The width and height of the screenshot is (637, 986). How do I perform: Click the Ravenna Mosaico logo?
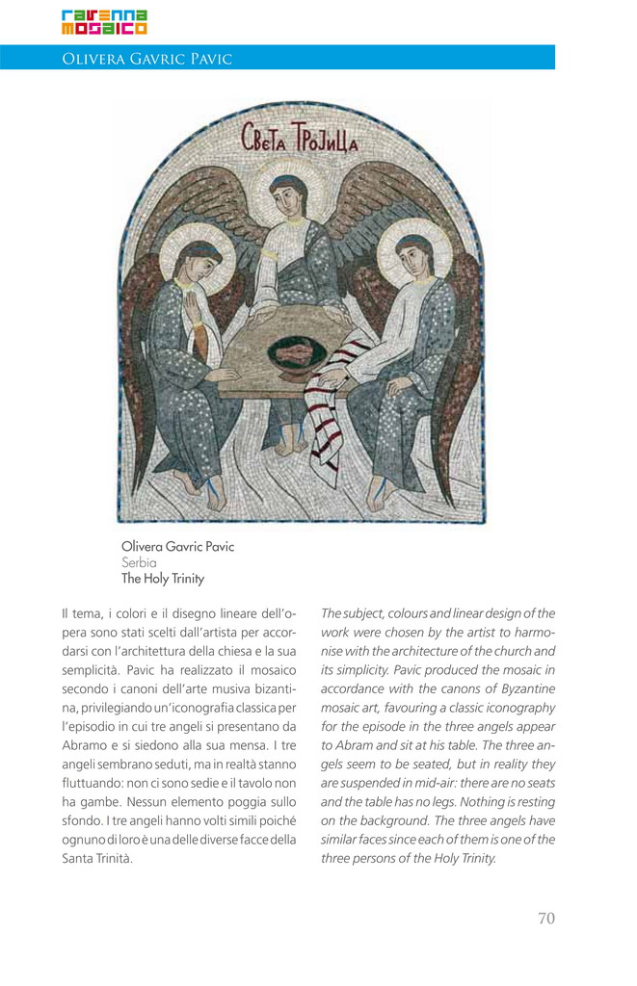pos(104,21)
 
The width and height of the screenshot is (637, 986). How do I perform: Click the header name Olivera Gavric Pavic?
pos(146,59)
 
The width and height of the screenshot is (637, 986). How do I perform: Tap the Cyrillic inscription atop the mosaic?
pos(299,143)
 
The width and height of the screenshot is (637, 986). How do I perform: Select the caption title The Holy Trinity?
pos(163,579)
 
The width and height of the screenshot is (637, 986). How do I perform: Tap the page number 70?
pos(545,918)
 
